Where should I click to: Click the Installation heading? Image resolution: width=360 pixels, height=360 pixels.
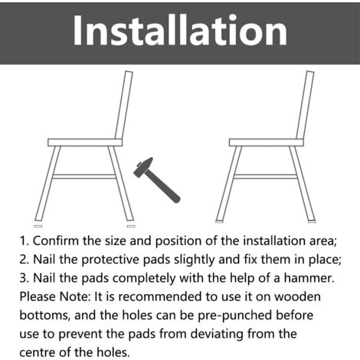180,31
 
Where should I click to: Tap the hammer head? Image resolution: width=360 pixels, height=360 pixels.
143,167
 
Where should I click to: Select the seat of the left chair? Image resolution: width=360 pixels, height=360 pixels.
85,142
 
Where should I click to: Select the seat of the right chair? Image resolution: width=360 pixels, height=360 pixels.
267,142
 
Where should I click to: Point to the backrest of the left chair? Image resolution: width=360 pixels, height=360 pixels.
124,105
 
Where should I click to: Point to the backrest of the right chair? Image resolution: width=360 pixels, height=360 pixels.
305,105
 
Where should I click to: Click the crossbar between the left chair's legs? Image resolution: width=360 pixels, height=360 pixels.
84,177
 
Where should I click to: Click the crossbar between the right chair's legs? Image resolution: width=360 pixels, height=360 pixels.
266,177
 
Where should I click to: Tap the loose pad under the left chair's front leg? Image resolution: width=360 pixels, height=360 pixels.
38,226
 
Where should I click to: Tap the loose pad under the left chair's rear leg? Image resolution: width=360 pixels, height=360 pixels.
131,226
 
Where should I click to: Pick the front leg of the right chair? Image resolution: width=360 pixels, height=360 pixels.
229,184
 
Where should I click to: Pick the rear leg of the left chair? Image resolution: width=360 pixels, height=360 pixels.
121,183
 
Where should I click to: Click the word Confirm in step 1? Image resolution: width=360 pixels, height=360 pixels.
56,241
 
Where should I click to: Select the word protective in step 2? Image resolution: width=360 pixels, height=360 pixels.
111,260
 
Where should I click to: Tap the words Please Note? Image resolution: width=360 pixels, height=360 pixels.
55,296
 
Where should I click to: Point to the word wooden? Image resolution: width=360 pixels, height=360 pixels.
297,296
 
